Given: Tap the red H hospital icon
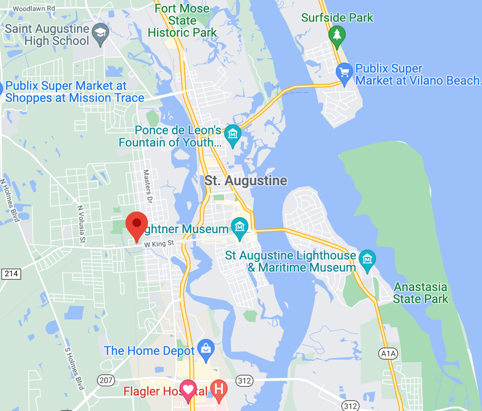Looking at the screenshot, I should tap(219, 389).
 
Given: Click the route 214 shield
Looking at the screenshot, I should tap(11, 274).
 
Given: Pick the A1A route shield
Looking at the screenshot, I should tap(388, 354).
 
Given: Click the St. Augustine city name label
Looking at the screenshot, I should tap(246, 180).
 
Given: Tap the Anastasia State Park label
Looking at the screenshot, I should tap(421, 293).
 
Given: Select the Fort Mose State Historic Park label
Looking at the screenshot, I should tap(182, 20).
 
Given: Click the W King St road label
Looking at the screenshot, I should tap(159, 244).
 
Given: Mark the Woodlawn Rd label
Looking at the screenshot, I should tap(34, 8).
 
